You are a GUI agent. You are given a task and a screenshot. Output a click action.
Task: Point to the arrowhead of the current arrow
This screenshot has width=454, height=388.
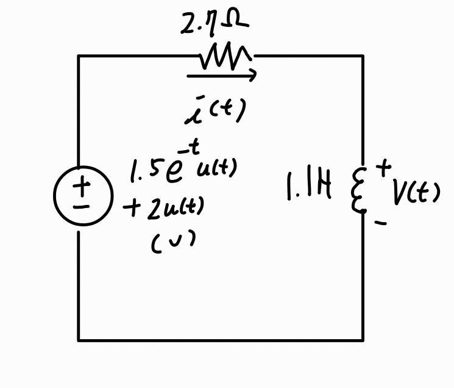(x=252, y=75)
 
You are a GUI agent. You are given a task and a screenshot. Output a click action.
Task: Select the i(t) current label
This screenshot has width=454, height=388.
(x=215, y=111)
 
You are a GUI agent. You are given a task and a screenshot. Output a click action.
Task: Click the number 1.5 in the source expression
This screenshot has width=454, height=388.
(x=144, y=171)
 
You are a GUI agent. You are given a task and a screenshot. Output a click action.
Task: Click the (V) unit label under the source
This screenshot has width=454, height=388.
(x=173, y=242)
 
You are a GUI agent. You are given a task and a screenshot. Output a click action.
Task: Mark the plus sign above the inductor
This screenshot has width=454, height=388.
(x=383, y=167)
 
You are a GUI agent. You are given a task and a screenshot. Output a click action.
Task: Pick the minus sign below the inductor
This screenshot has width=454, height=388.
(x=381, y=224)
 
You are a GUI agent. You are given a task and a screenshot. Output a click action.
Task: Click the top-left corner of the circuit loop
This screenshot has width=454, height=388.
(x=79, y=56)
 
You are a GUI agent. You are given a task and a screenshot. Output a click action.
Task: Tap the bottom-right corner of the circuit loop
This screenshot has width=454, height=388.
(x=363, y=339)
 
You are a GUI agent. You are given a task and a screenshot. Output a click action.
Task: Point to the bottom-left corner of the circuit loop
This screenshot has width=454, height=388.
(x=79, y=339)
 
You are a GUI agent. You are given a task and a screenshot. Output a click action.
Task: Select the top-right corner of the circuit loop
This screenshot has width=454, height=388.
(x=363, y=56)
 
